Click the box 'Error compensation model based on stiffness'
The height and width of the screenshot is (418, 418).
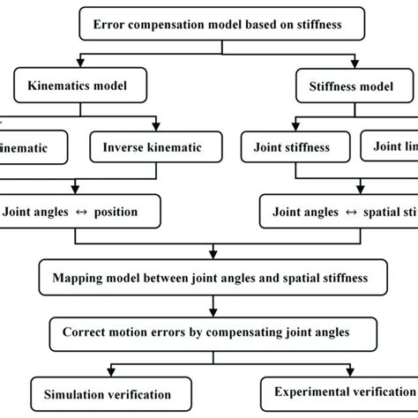click(208, 24)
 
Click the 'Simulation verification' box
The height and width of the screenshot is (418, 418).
click(101, 394)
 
